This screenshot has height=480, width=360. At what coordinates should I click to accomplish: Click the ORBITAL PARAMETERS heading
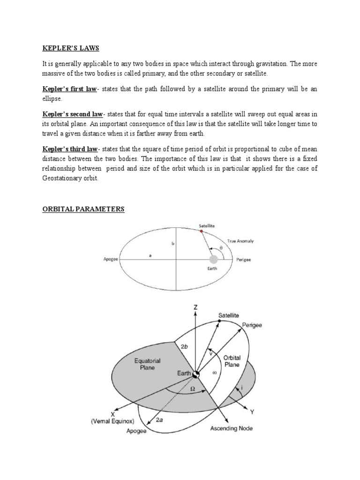[x=81, y=209]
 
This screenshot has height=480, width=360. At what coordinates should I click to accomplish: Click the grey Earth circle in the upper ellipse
[x=214, y=259]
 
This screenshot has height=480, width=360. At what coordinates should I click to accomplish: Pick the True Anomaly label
[x=240, y=241]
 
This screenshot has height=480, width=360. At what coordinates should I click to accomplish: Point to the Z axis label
[x=195, y=307]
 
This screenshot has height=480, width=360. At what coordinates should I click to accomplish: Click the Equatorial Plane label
[x=148, y=364]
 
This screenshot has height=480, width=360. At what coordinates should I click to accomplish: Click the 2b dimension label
[x=184, y=347]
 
